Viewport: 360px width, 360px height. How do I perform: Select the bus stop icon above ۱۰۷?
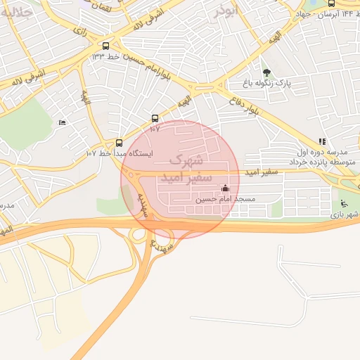155,119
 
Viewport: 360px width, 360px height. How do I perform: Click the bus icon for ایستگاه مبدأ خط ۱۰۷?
119,142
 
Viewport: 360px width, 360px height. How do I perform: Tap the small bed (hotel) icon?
62,123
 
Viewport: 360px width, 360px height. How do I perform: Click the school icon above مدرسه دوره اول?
322,141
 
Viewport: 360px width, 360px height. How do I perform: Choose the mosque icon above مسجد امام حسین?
224,188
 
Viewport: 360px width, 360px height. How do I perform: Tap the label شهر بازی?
345,214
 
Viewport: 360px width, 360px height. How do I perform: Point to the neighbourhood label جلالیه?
17,13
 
